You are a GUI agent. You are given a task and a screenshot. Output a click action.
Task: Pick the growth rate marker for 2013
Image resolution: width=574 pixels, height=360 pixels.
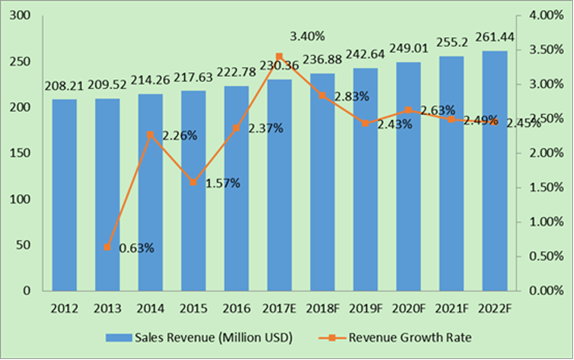(x=107, y=247)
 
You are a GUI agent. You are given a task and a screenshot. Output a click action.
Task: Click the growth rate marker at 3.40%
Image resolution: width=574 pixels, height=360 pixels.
(x=279, y=57)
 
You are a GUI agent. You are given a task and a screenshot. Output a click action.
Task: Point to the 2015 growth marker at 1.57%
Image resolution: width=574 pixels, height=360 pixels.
(x=193, y=182)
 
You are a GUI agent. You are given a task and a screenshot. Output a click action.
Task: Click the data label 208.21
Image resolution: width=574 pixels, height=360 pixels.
(x=64, y=86)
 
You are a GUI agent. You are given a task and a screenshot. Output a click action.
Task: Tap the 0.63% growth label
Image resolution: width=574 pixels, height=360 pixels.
(x=136, y=249)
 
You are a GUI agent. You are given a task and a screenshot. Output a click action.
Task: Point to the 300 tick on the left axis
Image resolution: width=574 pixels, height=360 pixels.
(x=21, y=15)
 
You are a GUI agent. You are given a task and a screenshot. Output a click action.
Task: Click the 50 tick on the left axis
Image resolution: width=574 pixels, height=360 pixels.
(x=24, y=245)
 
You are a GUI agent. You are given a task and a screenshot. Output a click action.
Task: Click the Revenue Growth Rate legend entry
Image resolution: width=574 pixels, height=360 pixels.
(x=410, y=338)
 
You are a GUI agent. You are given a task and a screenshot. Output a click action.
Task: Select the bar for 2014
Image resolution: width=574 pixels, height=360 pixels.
(x=150, y=192)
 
